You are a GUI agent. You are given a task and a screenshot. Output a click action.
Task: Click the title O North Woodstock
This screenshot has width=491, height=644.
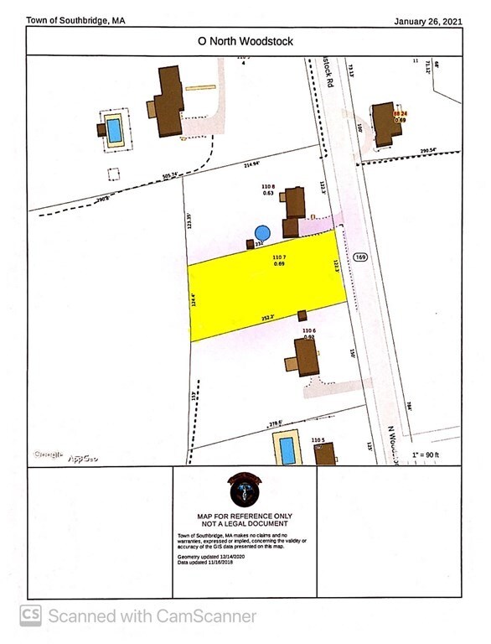pos(245,40)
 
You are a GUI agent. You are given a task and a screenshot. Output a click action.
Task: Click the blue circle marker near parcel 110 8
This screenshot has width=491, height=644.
pos(262,232)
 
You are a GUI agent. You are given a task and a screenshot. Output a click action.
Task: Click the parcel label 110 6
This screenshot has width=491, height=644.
pos(308,331)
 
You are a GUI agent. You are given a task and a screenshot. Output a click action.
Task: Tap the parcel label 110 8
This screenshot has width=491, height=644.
pos(268,186)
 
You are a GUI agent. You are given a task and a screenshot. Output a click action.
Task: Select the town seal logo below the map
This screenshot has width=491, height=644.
pos(244,490)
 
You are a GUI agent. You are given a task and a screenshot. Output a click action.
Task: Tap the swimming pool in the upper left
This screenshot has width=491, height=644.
pos(112,129)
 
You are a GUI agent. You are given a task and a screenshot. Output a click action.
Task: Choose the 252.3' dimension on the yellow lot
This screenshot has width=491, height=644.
pos(267,317)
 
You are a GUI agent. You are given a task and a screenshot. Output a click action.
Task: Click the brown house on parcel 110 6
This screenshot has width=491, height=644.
pos(303,358)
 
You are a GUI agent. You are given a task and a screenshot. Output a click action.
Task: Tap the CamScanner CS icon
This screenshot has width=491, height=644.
pos(31,615)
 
